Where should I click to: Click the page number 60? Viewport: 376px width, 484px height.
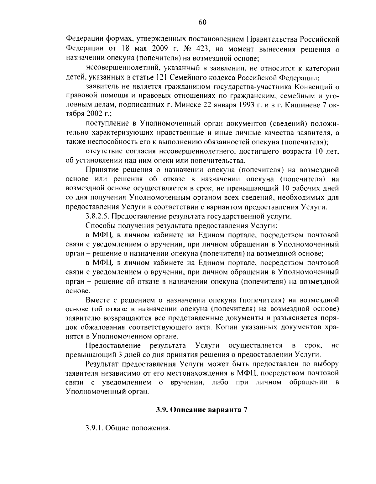click(x=202, y=22)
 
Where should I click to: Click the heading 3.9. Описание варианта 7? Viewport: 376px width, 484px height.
click(x=202, y=410)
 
